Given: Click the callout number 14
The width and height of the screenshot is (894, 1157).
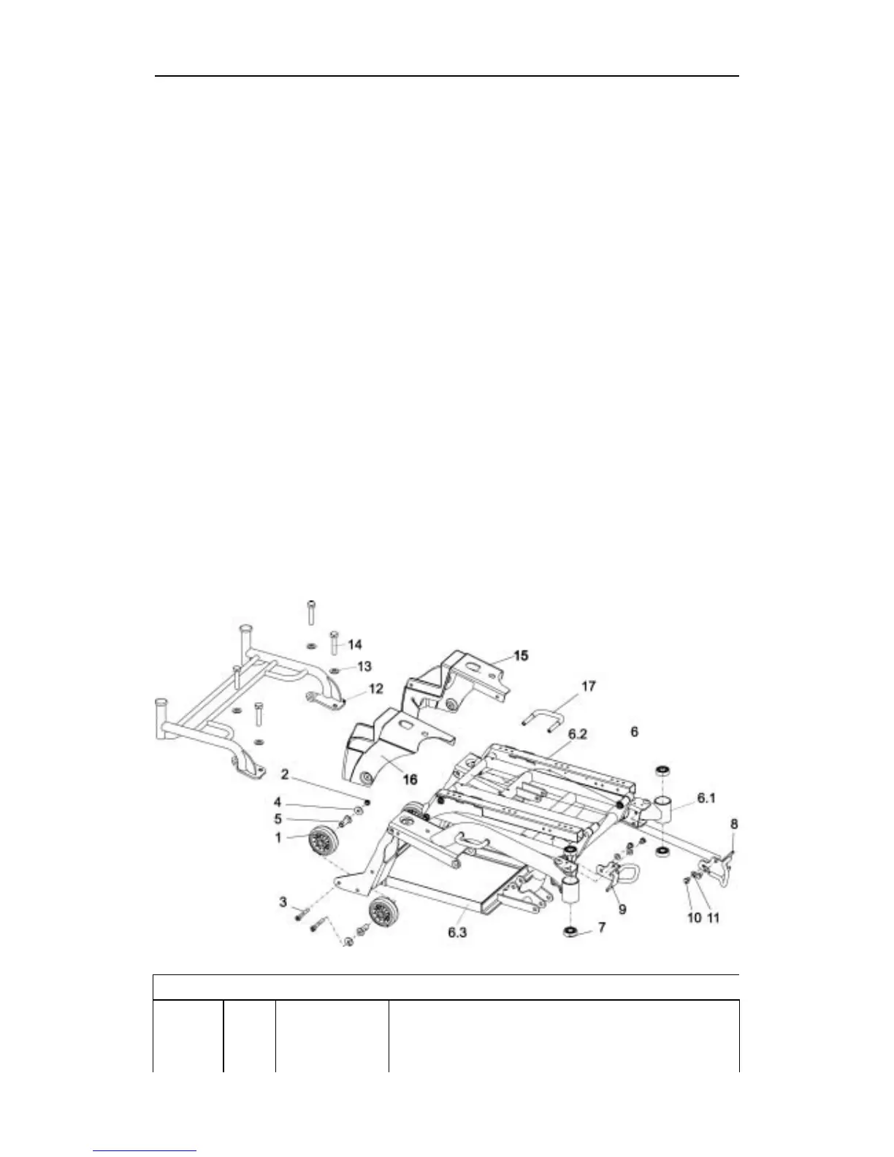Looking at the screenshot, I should pos(354,644).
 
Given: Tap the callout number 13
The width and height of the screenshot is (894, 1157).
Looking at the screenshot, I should pos(364,665).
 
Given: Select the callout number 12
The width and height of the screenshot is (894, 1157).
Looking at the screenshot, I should pos(375,689).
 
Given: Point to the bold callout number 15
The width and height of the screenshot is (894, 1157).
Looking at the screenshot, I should pos(520,655).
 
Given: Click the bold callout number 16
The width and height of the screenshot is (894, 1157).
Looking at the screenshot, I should pos(410,779).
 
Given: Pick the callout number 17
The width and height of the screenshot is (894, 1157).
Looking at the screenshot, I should pos(588,686).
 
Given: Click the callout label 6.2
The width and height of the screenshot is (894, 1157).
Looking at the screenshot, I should pos(578,734).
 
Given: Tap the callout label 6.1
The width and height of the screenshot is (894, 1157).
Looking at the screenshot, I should pos(706,798).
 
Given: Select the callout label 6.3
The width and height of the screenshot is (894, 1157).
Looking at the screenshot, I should pos(456,932).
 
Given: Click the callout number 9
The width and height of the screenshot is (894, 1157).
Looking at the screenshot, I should pos(622,909).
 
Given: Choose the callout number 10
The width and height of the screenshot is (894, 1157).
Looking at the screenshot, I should pos(693,917).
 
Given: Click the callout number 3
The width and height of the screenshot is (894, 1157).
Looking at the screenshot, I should pos(283,903).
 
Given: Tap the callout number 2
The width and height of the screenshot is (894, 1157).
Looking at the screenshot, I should pos(284,773).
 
